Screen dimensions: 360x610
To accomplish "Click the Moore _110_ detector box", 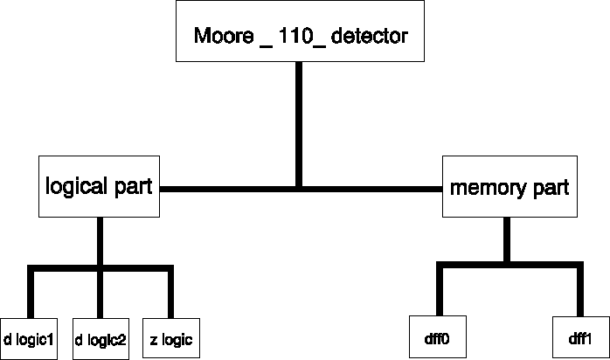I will pyautogui.click(x=300, y=31).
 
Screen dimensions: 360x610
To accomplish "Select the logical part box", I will pyautogui.click(x=100, y=186).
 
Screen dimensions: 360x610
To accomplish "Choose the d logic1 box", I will pyautogui.click(x=29, y=337).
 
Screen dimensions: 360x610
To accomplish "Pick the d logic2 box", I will pyautogui.click(x=101, y=337).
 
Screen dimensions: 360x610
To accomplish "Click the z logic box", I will pyautogui.click(x=170, y=337).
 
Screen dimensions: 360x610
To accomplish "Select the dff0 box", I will pyautogui.click(x=436, y=337).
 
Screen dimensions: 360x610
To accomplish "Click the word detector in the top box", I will pyautogui.click(x=367, y=38).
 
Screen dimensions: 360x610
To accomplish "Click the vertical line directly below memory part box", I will pyautogui.click(x=508, y=240).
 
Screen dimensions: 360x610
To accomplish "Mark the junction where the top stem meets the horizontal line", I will pyautogui.click(x=300, y=187).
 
